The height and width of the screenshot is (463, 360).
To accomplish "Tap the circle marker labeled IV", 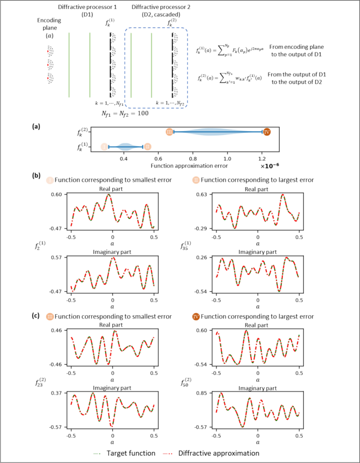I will tap(266, 132).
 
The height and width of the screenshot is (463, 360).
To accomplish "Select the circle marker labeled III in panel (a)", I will tap(169, 132).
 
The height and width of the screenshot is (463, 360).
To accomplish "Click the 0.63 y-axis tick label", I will tap(203, 194).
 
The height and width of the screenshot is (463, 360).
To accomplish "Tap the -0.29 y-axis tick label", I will tap(202, 228).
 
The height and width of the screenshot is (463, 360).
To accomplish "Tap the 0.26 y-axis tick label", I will tap(203, 258).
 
